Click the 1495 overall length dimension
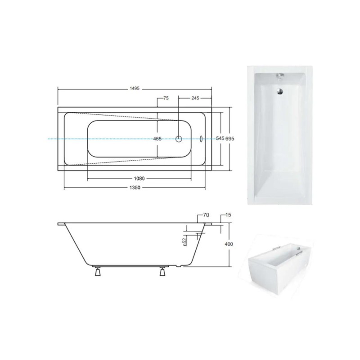135,89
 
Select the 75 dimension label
166,98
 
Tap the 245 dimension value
195,98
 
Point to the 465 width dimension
157,139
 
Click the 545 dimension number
220,139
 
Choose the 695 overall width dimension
230,139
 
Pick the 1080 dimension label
139,178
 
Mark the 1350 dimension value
135,188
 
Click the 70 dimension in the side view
206,215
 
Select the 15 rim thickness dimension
229,215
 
